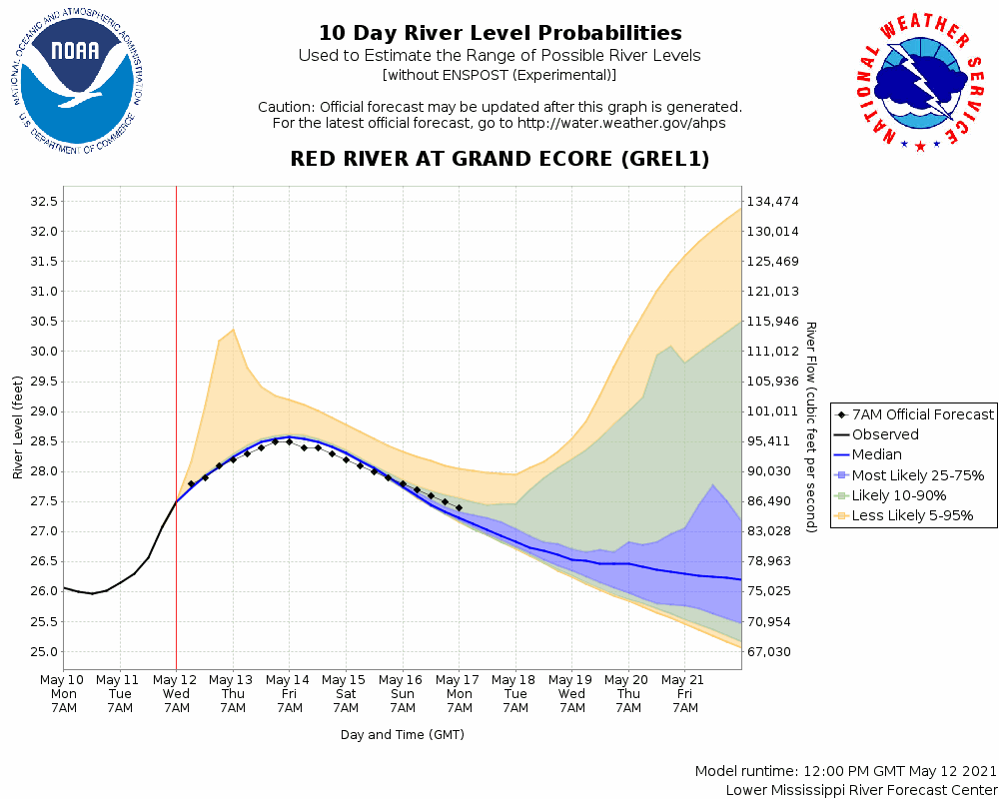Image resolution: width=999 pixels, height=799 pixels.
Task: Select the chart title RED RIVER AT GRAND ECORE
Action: (x=499, y=159)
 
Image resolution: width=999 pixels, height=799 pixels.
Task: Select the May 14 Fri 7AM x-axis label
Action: (x=290, y=692)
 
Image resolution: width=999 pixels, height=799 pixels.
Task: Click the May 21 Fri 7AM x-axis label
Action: (x=685, y=692)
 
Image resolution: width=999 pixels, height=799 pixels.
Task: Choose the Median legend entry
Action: (x=876, y=454)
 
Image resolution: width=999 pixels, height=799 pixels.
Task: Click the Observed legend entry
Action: (x=885, y=434)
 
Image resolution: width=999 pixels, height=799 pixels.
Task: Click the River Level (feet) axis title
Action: (x=18, y=427)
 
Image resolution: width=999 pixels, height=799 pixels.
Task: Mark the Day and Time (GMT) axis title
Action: (x=403, y=734)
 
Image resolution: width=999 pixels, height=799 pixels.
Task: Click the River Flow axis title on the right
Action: (x=811, y=427)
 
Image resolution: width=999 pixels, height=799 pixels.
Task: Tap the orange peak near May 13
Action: (x=233, y=330)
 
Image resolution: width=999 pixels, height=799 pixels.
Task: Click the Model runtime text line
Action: (x=845, y=772)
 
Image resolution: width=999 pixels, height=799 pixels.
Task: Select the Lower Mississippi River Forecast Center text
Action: (x=861, y=790)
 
